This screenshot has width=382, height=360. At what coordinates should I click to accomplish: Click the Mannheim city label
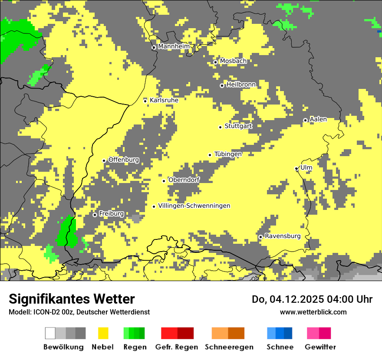[174, 46]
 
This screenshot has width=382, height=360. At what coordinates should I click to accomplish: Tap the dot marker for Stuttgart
[221, 127]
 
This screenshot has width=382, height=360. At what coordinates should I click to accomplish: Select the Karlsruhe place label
[164, 100]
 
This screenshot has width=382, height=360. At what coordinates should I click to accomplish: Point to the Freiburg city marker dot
[95, 215]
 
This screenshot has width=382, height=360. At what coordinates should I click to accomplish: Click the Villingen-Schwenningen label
[194, 206]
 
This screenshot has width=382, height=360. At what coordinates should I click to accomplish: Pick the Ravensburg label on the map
[282, 236]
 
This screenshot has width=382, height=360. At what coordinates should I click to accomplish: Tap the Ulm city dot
[296, 168]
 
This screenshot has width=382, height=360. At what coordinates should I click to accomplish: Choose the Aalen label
[318, 119]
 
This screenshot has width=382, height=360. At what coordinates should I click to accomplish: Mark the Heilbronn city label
[241, 85]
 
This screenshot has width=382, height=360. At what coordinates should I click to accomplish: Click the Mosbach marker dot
[215, 62]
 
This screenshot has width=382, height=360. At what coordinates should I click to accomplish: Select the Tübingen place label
[228, 154]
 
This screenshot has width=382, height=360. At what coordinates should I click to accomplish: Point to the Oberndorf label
[184, 180]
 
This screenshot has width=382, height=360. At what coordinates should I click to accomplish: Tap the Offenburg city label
[124, 160]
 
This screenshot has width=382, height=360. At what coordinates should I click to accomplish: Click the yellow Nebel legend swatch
[103, 333]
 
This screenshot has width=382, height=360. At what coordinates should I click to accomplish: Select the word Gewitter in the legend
[320, 347]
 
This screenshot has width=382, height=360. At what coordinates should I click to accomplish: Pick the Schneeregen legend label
[229, 347]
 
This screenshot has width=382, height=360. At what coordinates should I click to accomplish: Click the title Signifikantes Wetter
[72, 299]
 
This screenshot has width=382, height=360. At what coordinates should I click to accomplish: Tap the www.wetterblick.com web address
[313, 312]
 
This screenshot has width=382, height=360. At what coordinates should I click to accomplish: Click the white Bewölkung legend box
[50, 333]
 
